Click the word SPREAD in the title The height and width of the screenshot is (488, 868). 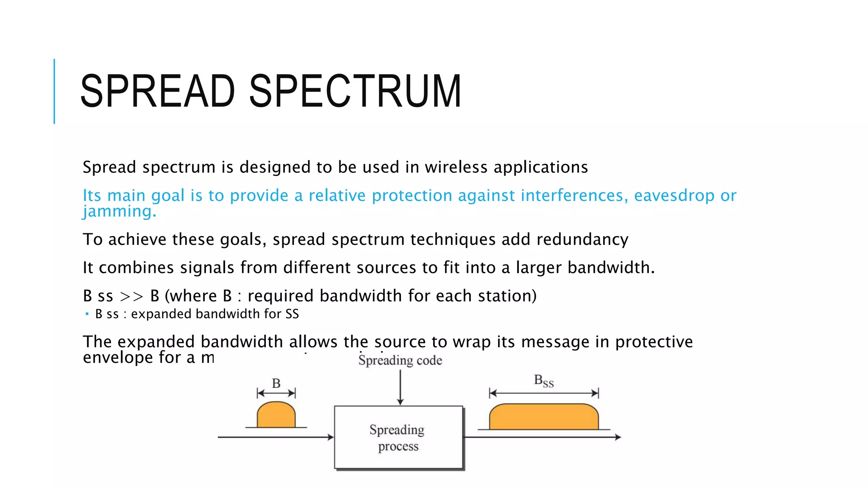(158, 91)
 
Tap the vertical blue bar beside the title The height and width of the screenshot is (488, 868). (54, 91)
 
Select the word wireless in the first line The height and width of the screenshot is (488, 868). (456, 167)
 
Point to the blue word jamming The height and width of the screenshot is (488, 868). (119, 211)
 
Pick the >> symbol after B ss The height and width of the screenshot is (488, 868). (131, 297)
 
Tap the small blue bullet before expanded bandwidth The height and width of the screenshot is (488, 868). (87, 314)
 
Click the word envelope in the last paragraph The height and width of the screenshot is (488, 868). (118, 358)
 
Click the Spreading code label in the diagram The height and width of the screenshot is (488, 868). (400, 360)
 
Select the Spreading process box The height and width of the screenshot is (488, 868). (398, 438)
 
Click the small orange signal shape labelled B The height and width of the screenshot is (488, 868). (276, 416)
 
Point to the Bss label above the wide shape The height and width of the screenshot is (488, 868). (544, 381)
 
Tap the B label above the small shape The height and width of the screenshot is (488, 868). (276, 383)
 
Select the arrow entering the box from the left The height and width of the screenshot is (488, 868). (275, 437)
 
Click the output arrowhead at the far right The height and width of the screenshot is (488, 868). (618, 437)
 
